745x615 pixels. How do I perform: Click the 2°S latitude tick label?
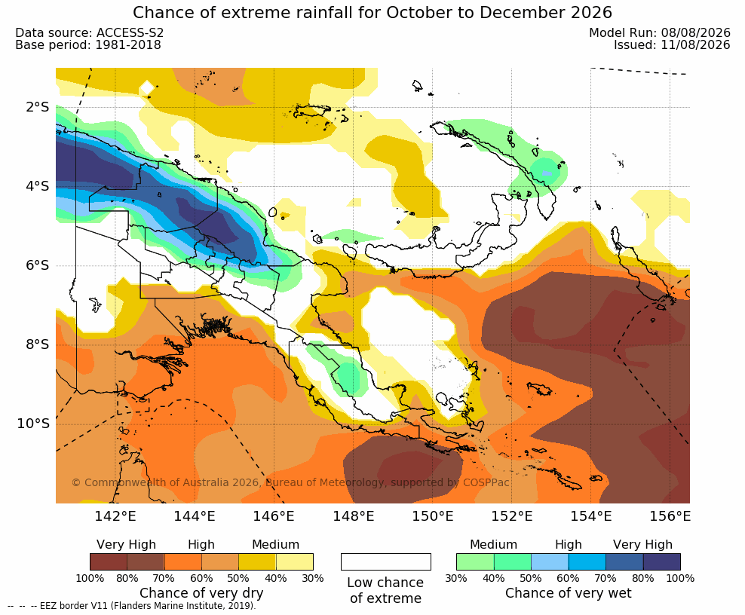[37, 107]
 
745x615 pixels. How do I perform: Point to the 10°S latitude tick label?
[33, 423]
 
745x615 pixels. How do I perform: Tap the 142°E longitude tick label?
[115, 516]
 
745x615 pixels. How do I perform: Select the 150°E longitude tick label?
[432, 516]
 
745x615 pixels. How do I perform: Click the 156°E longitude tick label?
[670, 516]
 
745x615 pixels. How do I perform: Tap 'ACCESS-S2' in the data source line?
[130, 32]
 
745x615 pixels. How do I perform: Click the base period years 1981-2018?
[127, 44]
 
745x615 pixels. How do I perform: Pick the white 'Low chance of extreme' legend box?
[386, 561]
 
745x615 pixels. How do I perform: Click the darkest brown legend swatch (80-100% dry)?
[109, 561]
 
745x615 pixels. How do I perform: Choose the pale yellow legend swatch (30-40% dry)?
[295, 561]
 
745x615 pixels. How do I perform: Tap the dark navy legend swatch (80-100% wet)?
[662, 561]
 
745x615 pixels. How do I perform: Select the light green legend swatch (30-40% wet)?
[475, 561]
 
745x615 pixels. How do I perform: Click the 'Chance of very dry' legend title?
[201, 593]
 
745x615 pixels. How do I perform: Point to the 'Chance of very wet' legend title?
[569, 593]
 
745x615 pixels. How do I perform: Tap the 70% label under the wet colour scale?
[606, 578]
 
